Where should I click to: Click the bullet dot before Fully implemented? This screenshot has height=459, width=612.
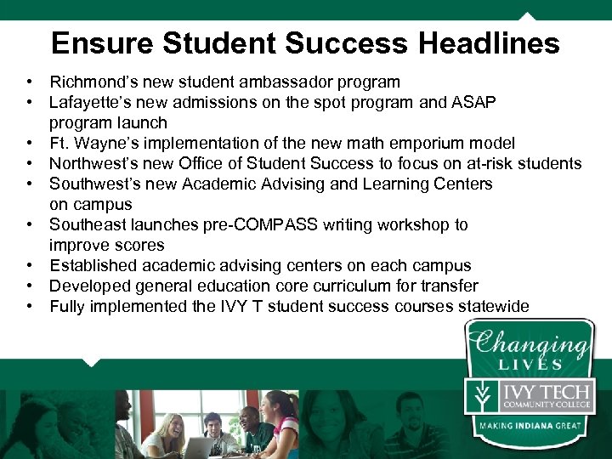(29, 307)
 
